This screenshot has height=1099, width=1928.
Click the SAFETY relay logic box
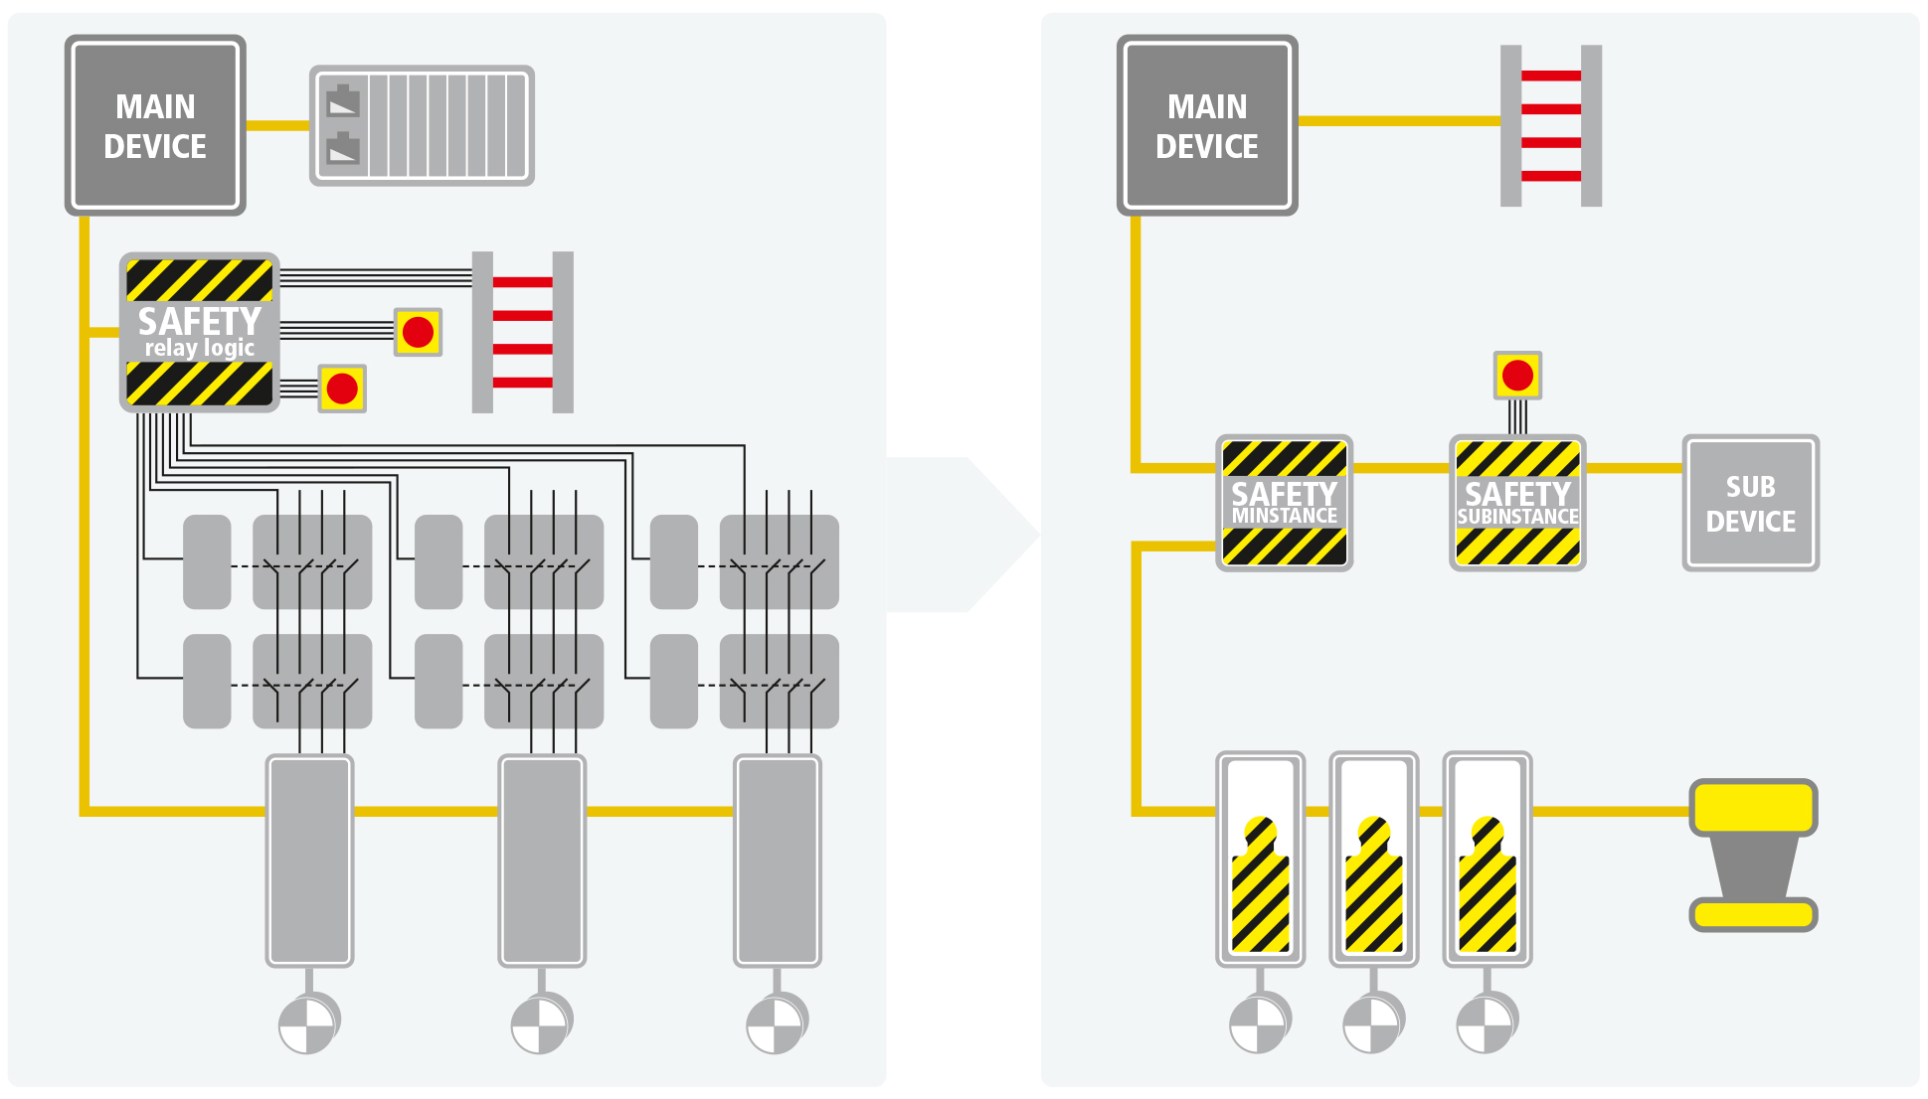coord(199,332)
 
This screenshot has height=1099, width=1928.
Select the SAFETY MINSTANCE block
coord(1284,503)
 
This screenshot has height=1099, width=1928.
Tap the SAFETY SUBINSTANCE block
coord(1517,503)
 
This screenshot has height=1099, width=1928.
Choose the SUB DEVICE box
coord(1750,503)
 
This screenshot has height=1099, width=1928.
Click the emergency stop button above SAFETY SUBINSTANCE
coord(1517,376)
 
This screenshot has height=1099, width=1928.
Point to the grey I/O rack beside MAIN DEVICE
coord(423,126)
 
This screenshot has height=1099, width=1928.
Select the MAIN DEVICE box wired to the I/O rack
coord(155,126)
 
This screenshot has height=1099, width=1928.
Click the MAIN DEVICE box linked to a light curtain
coord(1207,126)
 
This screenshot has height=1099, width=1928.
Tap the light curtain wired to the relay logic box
coord(523,332)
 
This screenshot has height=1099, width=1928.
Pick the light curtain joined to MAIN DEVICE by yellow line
coord(1551,126)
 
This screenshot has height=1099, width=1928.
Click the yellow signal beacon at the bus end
coord(1754,855)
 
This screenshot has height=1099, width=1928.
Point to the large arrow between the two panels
coord(960,535)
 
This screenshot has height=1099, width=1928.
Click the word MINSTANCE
coord(1285,517)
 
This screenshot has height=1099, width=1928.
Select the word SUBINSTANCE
coord(1517,518)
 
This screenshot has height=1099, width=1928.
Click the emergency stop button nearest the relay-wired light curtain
coord(419,332)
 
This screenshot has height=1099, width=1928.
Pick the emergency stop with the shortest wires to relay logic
coord(342,389)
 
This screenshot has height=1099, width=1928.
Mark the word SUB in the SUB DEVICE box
coord(1750,487)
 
